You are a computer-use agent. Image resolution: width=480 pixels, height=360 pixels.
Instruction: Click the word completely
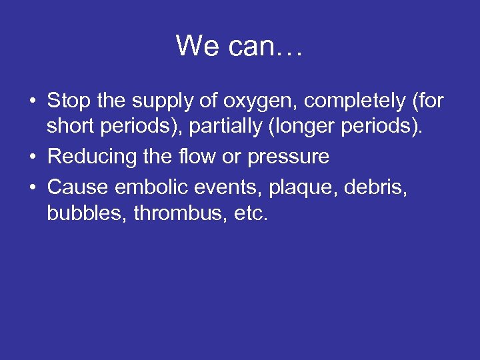(x=343, y=102)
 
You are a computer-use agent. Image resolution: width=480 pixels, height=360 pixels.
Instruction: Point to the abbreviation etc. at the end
(x=247, y=214)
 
